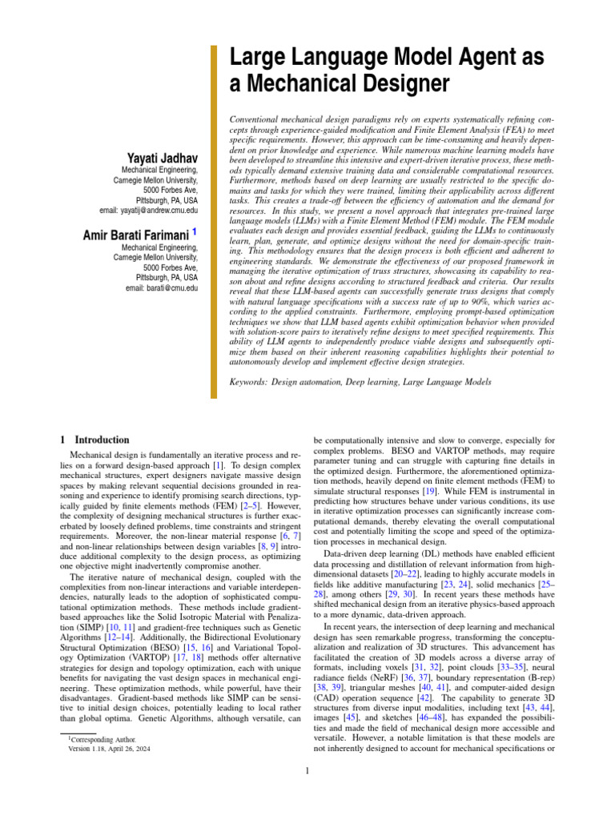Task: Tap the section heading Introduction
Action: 101,440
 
